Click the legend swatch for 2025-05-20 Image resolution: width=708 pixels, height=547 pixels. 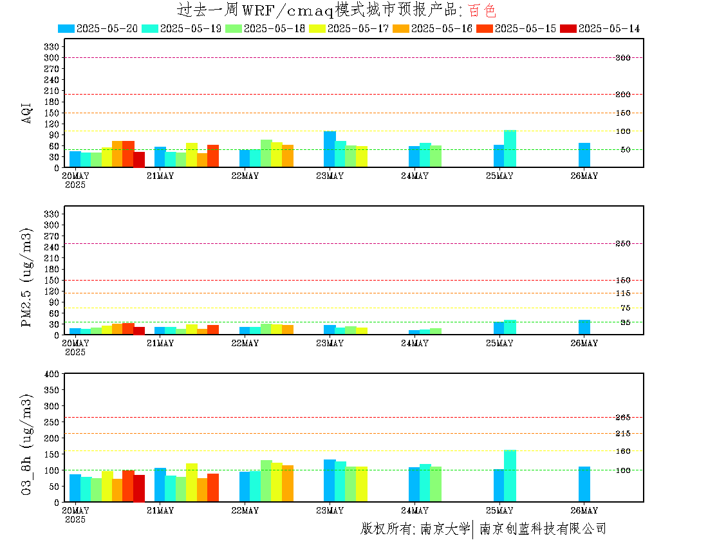(66, 28)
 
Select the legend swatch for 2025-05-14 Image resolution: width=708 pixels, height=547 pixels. (568, 28)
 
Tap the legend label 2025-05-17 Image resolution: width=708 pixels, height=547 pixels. (358, 28)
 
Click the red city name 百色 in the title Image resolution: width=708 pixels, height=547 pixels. (482, 10)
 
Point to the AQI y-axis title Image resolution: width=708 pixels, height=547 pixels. (26, 113)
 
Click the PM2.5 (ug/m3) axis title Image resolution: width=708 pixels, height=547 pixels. (26, 277)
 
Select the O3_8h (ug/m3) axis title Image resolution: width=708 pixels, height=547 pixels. (26, 445)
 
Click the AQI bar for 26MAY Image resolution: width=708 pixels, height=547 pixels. (584, 155)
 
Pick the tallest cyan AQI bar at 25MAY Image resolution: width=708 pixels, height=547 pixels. (510, 149)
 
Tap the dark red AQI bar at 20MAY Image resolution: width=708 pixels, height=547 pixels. (139, 160)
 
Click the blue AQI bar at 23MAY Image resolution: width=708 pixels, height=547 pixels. (330, 149)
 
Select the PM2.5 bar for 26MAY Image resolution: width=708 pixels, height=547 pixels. (584, 327)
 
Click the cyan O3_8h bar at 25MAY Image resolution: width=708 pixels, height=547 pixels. (510, 476)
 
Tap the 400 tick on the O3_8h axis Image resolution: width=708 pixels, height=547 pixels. (51, 374)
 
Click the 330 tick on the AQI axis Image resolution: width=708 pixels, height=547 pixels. (51, 46)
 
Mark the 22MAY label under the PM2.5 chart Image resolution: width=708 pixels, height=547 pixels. (245, 343)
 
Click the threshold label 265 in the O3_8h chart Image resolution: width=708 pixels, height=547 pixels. (623, 418)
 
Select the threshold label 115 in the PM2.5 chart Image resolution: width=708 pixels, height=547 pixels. (623, 293)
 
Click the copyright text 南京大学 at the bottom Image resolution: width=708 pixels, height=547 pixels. (445, 528)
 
